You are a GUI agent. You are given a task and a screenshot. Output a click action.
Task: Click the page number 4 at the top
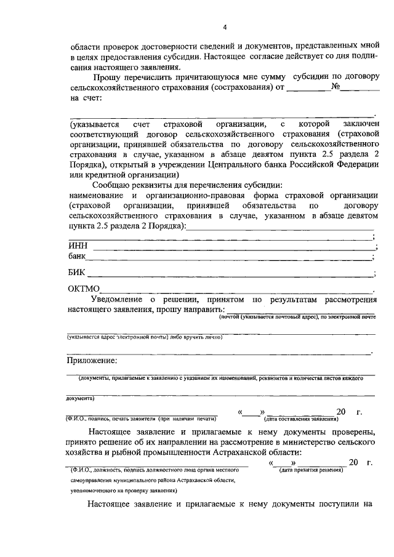pos(225,27)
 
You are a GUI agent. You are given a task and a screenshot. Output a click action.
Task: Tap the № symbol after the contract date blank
pos(336,87)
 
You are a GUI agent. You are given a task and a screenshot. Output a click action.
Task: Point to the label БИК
pos(77,273)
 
